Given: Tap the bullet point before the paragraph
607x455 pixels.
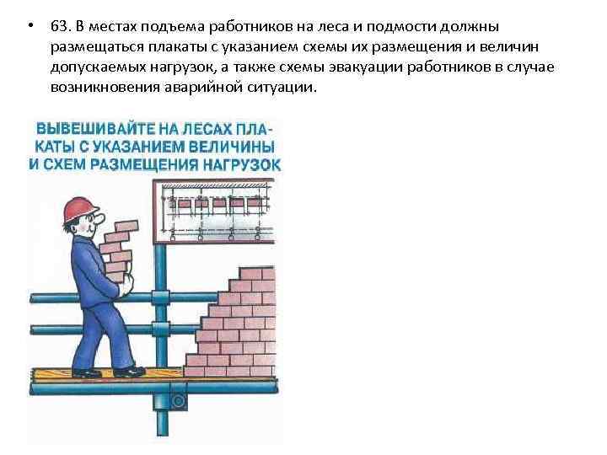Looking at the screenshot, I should click(x=30, y=27).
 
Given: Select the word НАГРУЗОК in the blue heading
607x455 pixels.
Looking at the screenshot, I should click(x=239, y=163).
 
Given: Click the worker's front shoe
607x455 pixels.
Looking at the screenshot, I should click(x=128, y=371).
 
